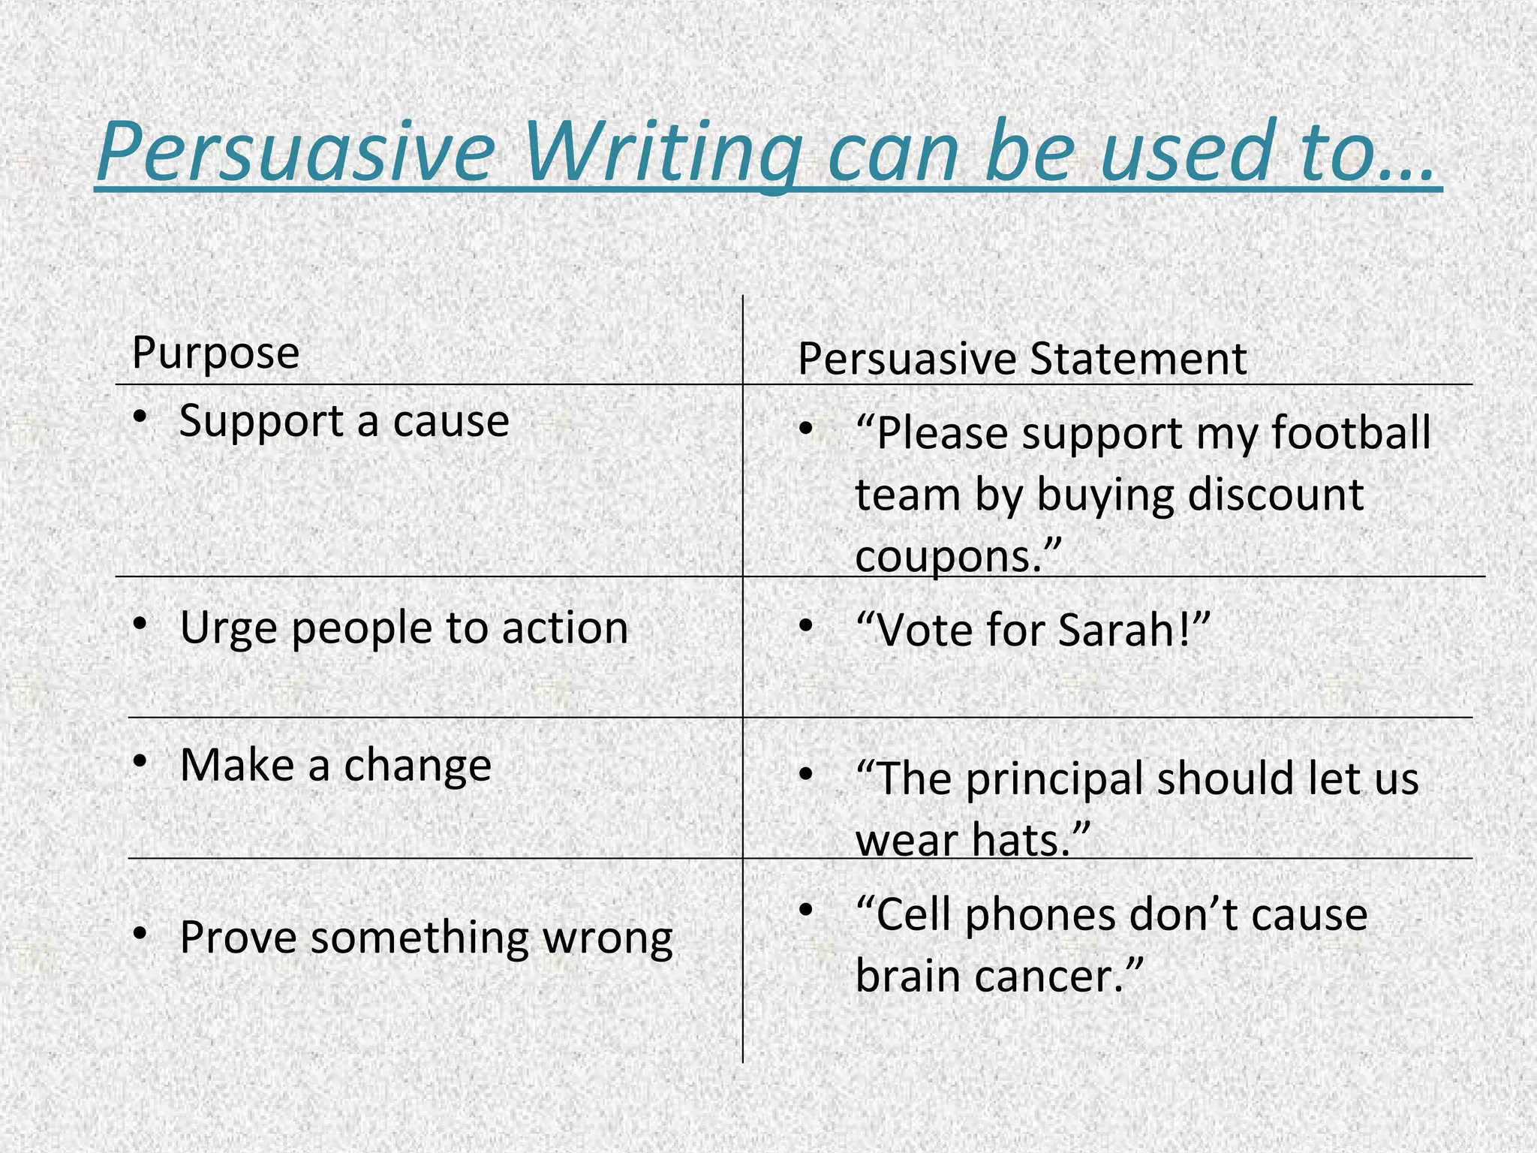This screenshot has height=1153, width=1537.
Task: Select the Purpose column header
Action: coord(215,352)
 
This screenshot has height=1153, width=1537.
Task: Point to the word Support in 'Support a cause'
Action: coord(261,421)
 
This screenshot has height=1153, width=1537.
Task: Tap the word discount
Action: coord(1276,495)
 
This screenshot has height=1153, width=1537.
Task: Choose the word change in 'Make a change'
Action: coord(417,766)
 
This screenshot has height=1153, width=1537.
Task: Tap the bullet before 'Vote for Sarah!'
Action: coord(806,625)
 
